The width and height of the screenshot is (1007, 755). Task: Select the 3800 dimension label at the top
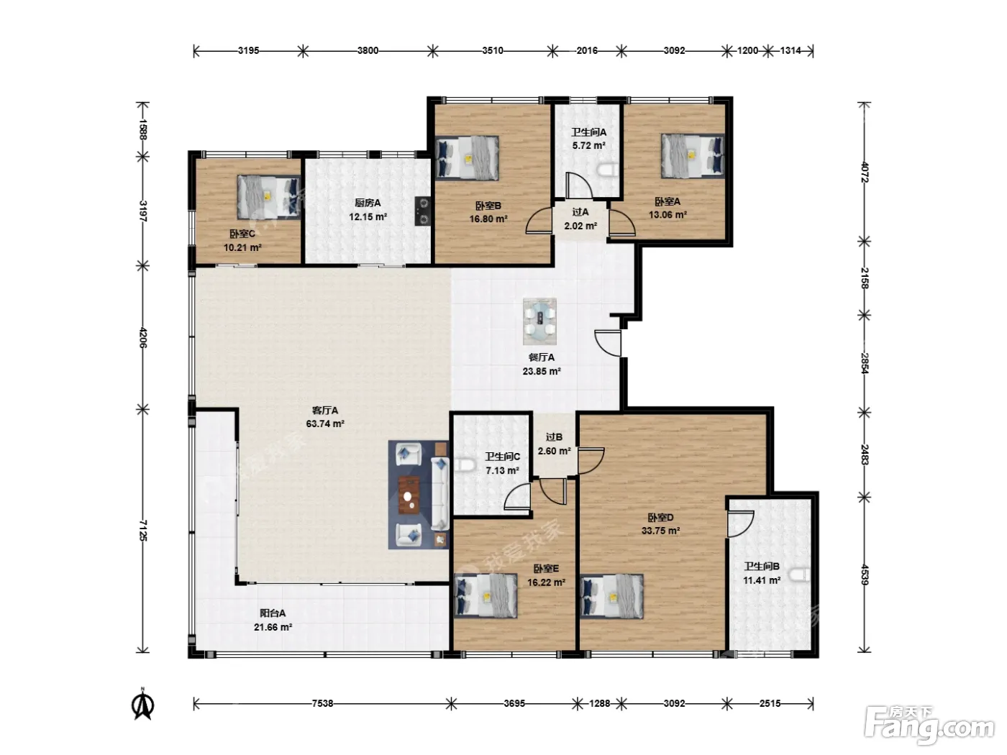[368, 50]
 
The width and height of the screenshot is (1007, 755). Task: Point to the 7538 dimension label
[322, 703]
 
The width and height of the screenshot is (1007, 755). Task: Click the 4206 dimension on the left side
[143, 337]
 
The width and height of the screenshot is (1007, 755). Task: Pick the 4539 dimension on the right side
[865, 575]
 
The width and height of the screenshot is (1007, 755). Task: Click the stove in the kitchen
[422, 211]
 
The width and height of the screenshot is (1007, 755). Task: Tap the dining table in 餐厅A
[540, 321]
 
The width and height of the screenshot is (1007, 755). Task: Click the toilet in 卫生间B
[801, 575]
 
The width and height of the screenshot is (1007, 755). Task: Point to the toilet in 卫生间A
[609, 170]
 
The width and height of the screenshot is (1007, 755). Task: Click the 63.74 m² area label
[325, 424]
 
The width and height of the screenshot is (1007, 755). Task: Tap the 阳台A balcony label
[273, 613]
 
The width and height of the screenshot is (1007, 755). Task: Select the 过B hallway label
[554, 437]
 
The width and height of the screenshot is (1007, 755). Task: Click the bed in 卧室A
[693, 156]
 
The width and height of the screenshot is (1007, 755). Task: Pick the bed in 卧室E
[486, 596]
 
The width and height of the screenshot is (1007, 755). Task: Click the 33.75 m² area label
[660, 531]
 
